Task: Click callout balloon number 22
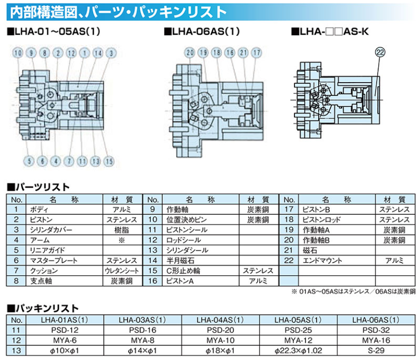tap(380, 52)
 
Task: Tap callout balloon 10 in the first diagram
tap(18, 53)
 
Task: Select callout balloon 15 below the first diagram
tap(109, 161)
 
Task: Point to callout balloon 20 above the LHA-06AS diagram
tap(190, 52)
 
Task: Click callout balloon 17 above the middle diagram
tap(257, 52)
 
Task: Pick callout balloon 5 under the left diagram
tap(29, 161)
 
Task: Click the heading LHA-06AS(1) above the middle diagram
tap(202, 31)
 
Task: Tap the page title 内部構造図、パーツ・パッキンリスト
tap(118, 12)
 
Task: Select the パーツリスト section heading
tap(38, 187)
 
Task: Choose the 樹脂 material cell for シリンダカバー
tap(122, 230)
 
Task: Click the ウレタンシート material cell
tap(122, 271)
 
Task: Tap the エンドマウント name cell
tap(322, 261)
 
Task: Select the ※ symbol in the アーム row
tap(122, 241)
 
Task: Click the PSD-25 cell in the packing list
tap(298, 330)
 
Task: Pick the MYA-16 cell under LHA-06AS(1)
tap(376, 340)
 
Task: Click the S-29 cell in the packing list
tap(376, 350)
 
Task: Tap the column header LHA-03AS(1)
tap(142, 320)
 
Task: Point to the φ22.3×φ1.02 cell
tap(298, 350)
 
